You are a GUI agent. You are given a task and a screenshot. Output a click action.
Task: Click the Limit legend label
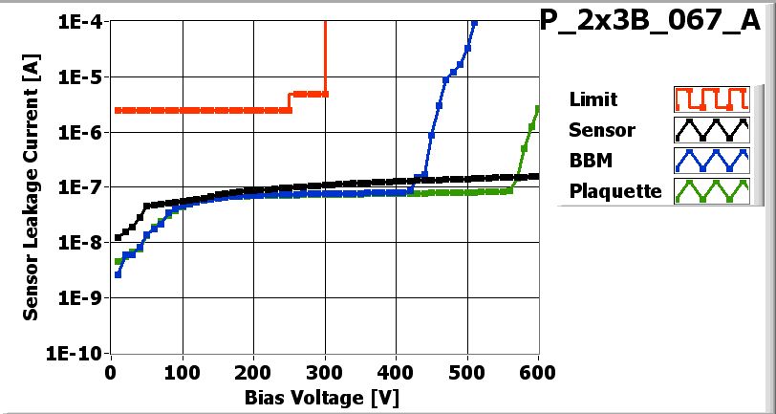[593, 99]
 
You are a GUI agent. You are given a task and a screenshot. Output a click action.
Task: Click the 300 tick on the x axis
[325, 372]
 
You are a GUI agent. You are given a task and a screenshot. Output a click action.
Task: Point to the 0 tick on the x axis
[112, 372]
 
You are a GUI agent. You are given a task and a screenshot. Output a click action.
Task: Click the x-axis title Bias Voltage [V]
[326, 396]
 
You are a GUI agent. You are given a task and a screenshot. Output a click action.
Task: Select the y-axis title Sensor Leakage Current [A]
[32, 187]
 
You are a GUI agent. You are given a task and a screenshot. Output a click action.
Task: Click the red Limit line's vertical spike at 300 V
[326, 57]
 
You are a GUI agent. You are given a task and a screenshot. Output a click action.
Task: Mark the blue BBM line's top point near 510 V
[475, 22]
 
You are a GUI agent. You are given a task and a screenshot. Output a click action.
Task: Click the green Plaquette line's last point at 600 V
[538, 108]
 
